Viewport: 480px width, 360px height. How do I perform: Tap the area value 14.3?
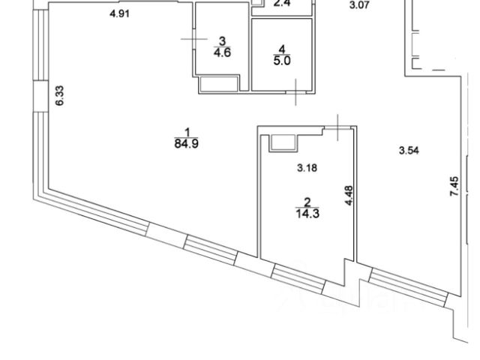[306, 212]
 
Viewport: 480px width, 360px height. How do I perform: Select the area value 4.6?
[221, 52]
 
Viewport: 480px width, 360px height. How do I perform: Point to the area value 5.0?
[282, 61]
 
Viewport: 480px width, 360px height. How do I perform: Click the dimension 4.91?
[121, 14]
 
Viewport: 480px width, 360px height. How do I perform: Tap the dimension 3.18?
[307, 168]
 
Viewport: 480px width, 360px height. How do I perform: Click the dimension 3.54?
[408, 151]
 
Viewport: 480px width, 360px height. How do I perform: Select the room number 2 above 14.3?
[306, 201]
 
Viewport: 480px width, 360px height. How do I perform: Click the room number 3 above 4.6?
[221, 40]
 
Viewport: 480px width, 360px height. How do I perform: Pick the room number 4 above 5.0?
[282, 50]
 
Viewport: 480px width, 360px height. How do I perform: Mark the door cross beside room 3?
[193, 38]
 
